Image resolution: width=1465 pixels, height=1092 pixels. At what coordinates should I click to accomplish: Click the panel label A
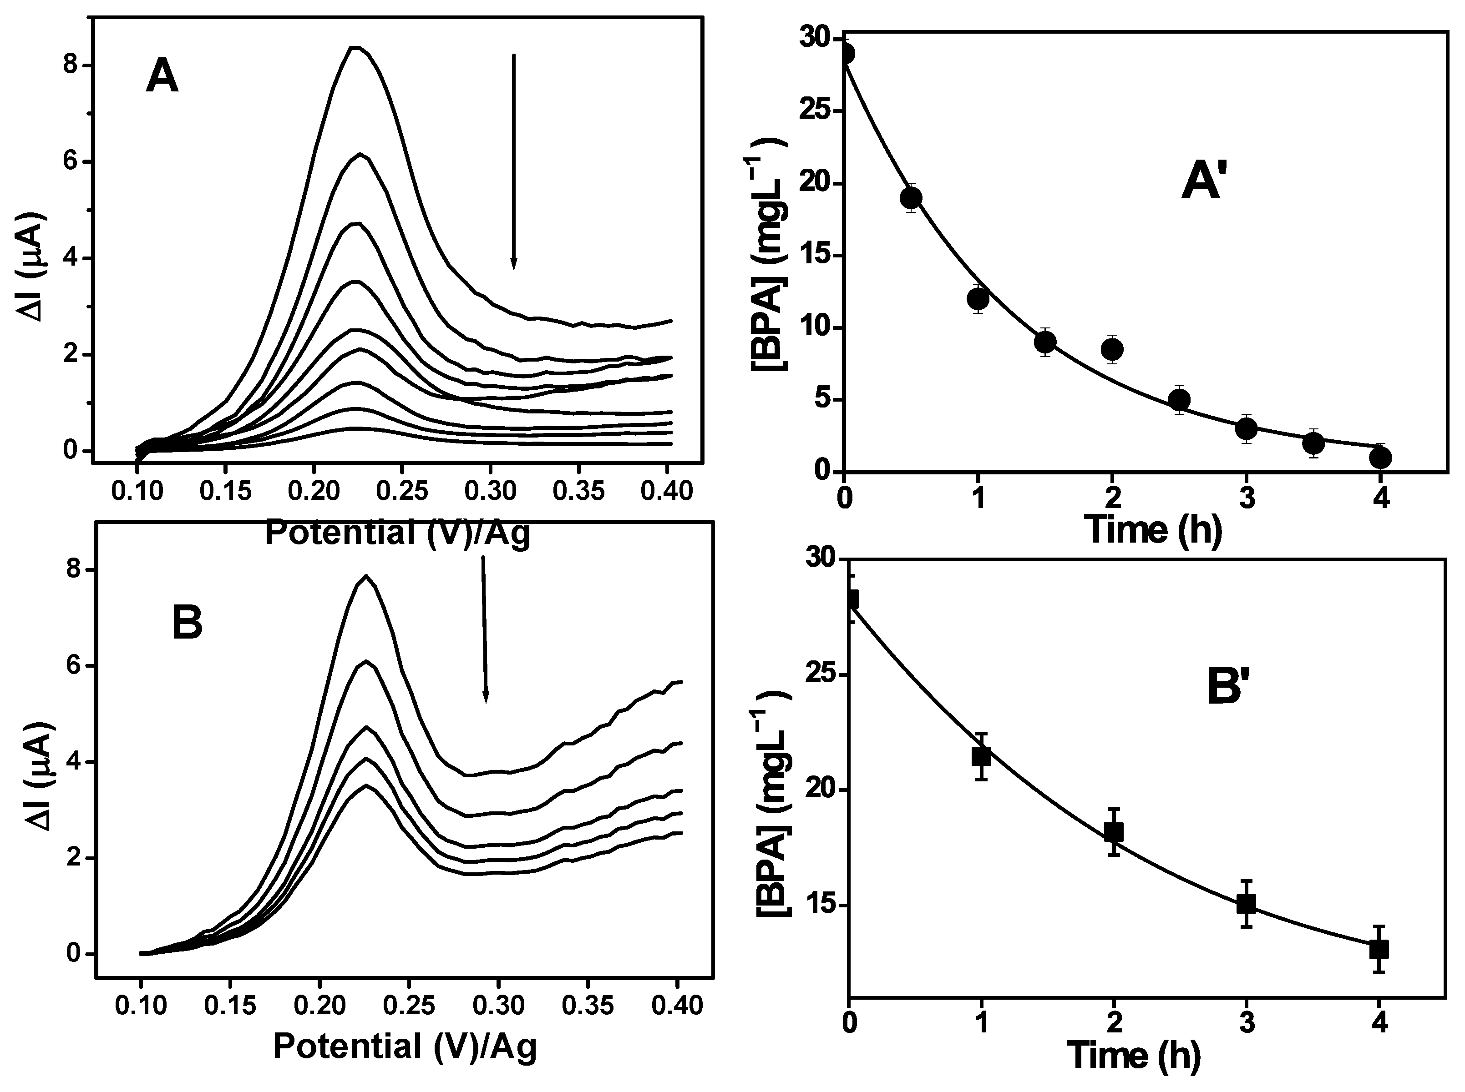coord(162,77)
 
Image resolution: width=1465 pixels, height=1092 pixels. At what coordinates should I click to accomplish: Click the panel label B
coord(187,624)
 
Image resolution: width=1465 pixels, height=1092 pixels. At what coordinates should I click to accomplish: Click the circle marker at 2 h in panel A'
coord(1112,348)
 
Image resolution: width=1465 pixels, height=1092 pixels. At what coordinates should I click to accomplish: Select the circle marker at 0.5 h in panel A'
coord(911,198)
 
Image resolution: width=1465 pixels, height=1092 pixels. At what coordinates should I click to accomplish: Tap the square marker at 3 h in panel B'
coord(1246,904)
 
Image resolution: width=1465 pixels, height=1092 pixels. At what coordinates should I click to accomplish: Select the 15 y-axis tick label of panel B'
coord(820,905)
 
